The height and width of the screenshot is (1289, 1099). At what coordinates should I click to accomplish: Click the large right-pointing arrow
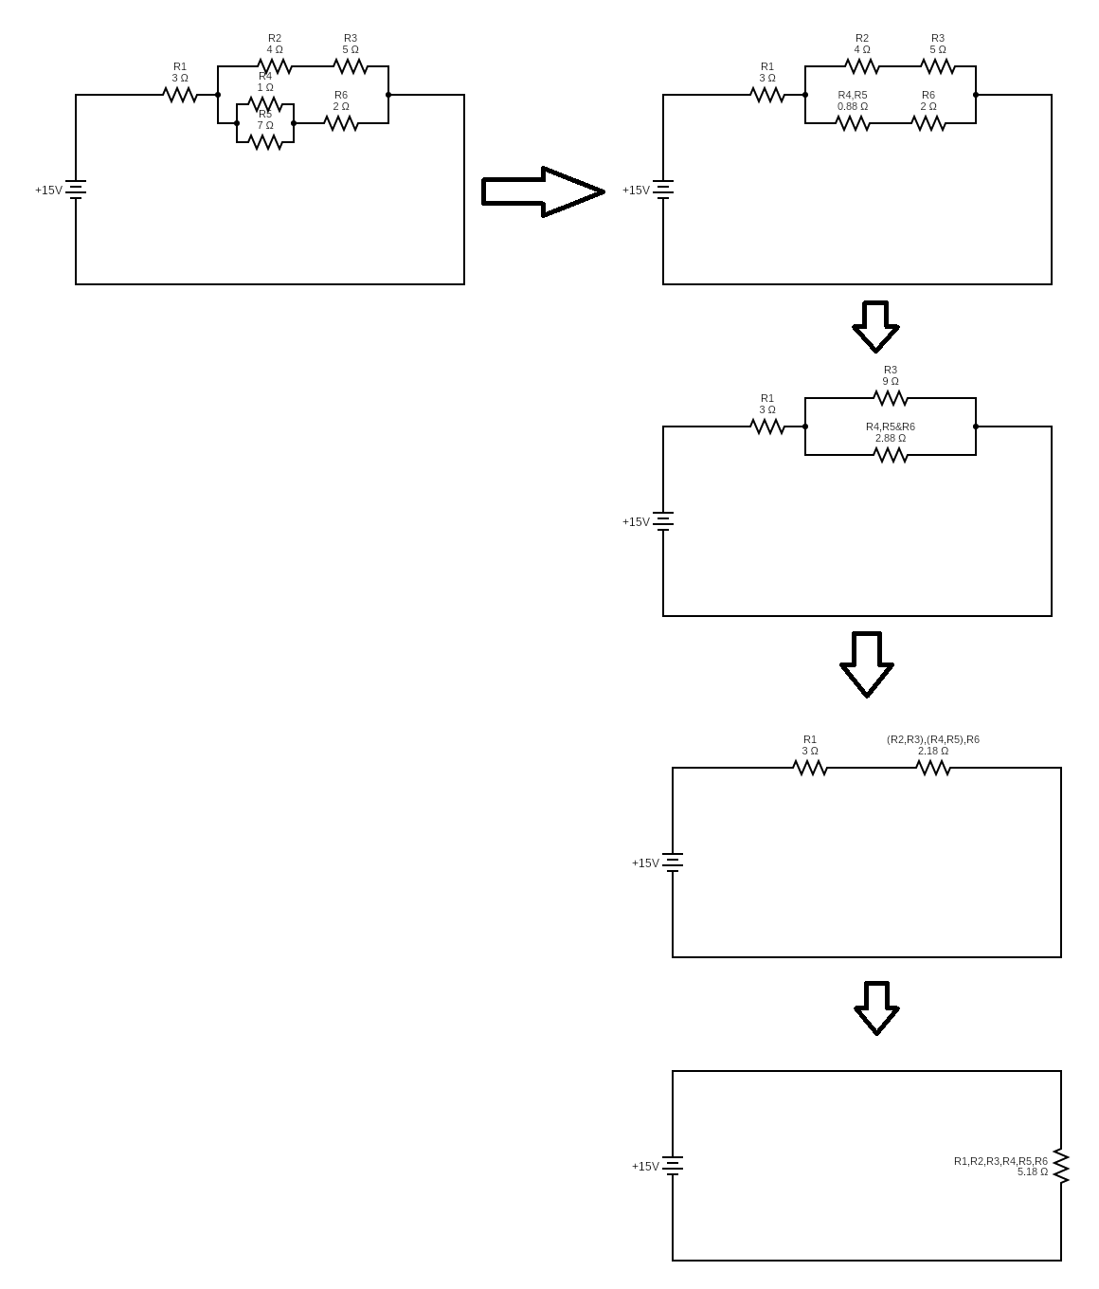[x=543, y=191]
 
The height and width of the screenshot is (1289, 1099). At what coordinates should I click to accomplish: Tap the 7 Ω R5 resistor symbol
[x=265, y=142]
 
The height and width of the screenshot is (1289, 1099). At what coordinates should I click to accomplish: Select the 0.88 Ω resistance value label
[x=853, y=106]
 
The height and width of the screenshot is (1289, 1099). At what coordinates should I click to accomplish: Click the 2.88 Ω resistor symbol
[x=891, y=455]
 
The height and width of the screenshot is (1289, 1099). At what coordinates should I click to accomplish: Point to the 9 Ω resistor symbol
[x=891, y=398]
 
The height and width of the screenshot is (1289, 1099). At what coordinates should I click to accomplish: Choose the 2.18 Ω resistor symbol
[x=933, y=768]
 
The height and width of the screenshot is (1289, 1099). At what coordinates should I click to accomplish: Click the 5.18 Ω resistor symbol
[x=1061, y=1166]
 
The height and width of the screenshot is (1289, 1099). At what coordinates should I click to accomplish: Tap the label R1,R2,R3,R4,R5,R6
[x=1000, y=1160]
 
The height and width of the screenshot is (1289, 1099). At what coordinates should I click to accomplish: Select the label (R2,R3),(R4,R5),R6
[x=933, y=739]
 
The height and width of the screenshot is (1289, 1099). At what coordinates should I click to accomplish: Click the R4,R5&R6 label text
[x=891, y=427]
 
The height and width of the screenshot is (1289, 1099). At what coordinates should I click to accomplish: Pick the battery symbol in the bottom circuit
[x=673, y=1166]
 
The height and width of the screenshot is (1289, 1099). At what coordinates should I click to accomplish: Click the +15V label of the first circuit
[x=48, y=190]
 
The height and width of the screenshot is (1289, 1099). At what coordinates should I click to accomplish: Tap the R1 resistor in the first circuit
[x=180, y=95]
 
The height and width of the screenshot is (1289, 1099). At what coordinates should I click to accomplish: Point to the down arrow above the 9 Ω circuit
[x=875, y=327]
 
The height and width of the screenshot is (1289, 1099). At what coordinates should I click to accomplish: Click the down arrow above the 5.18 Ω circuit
[x=876, y=1008]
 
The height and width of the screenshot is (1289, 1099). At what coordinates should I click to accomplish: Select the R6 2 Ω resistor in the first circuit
[x=341, y=123]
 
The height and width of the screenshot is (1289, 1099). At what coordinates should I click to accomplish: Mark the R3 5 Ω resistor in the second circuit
[x=938, y=66]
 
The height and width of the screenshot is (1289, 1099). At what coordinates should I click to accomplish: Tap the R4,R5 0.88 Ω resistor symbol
[x=853, y=123]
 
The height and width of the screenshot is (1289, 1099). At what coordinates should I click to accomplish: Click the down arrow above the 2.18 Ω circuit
[x=867, y=664]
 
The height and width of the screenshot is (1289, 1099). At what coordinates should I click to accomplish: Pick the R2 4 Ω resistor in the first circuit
[x=275, y=66]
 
